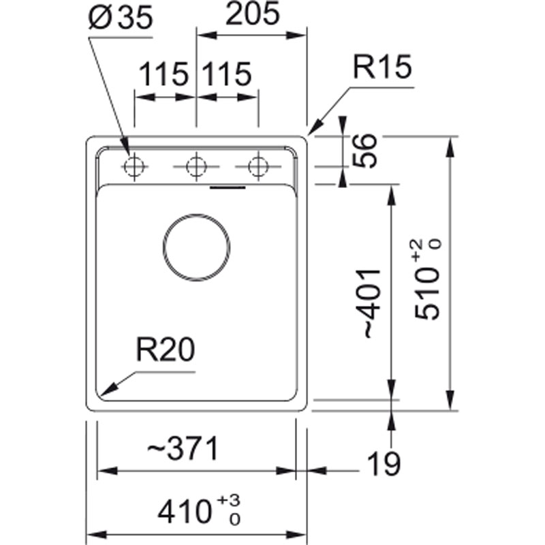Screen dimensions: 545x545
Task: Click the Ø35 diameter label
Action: point(120,18)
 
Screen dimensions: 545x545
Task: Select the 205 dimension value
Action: point(252,14)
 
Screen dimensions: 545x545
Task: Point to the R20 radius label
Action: point(165,351)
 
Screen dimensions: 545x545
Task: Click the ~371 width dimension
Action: point(182,449)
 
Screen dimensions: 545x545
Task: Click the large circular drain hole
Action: point(196,246)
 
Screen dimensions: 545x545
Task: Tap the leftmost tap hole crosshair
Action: point(134,166)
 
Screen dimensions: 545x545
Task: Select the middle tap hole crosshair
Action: point(196,166)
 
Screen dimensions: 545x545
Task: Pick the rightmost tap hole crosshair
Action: point(258,166)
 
